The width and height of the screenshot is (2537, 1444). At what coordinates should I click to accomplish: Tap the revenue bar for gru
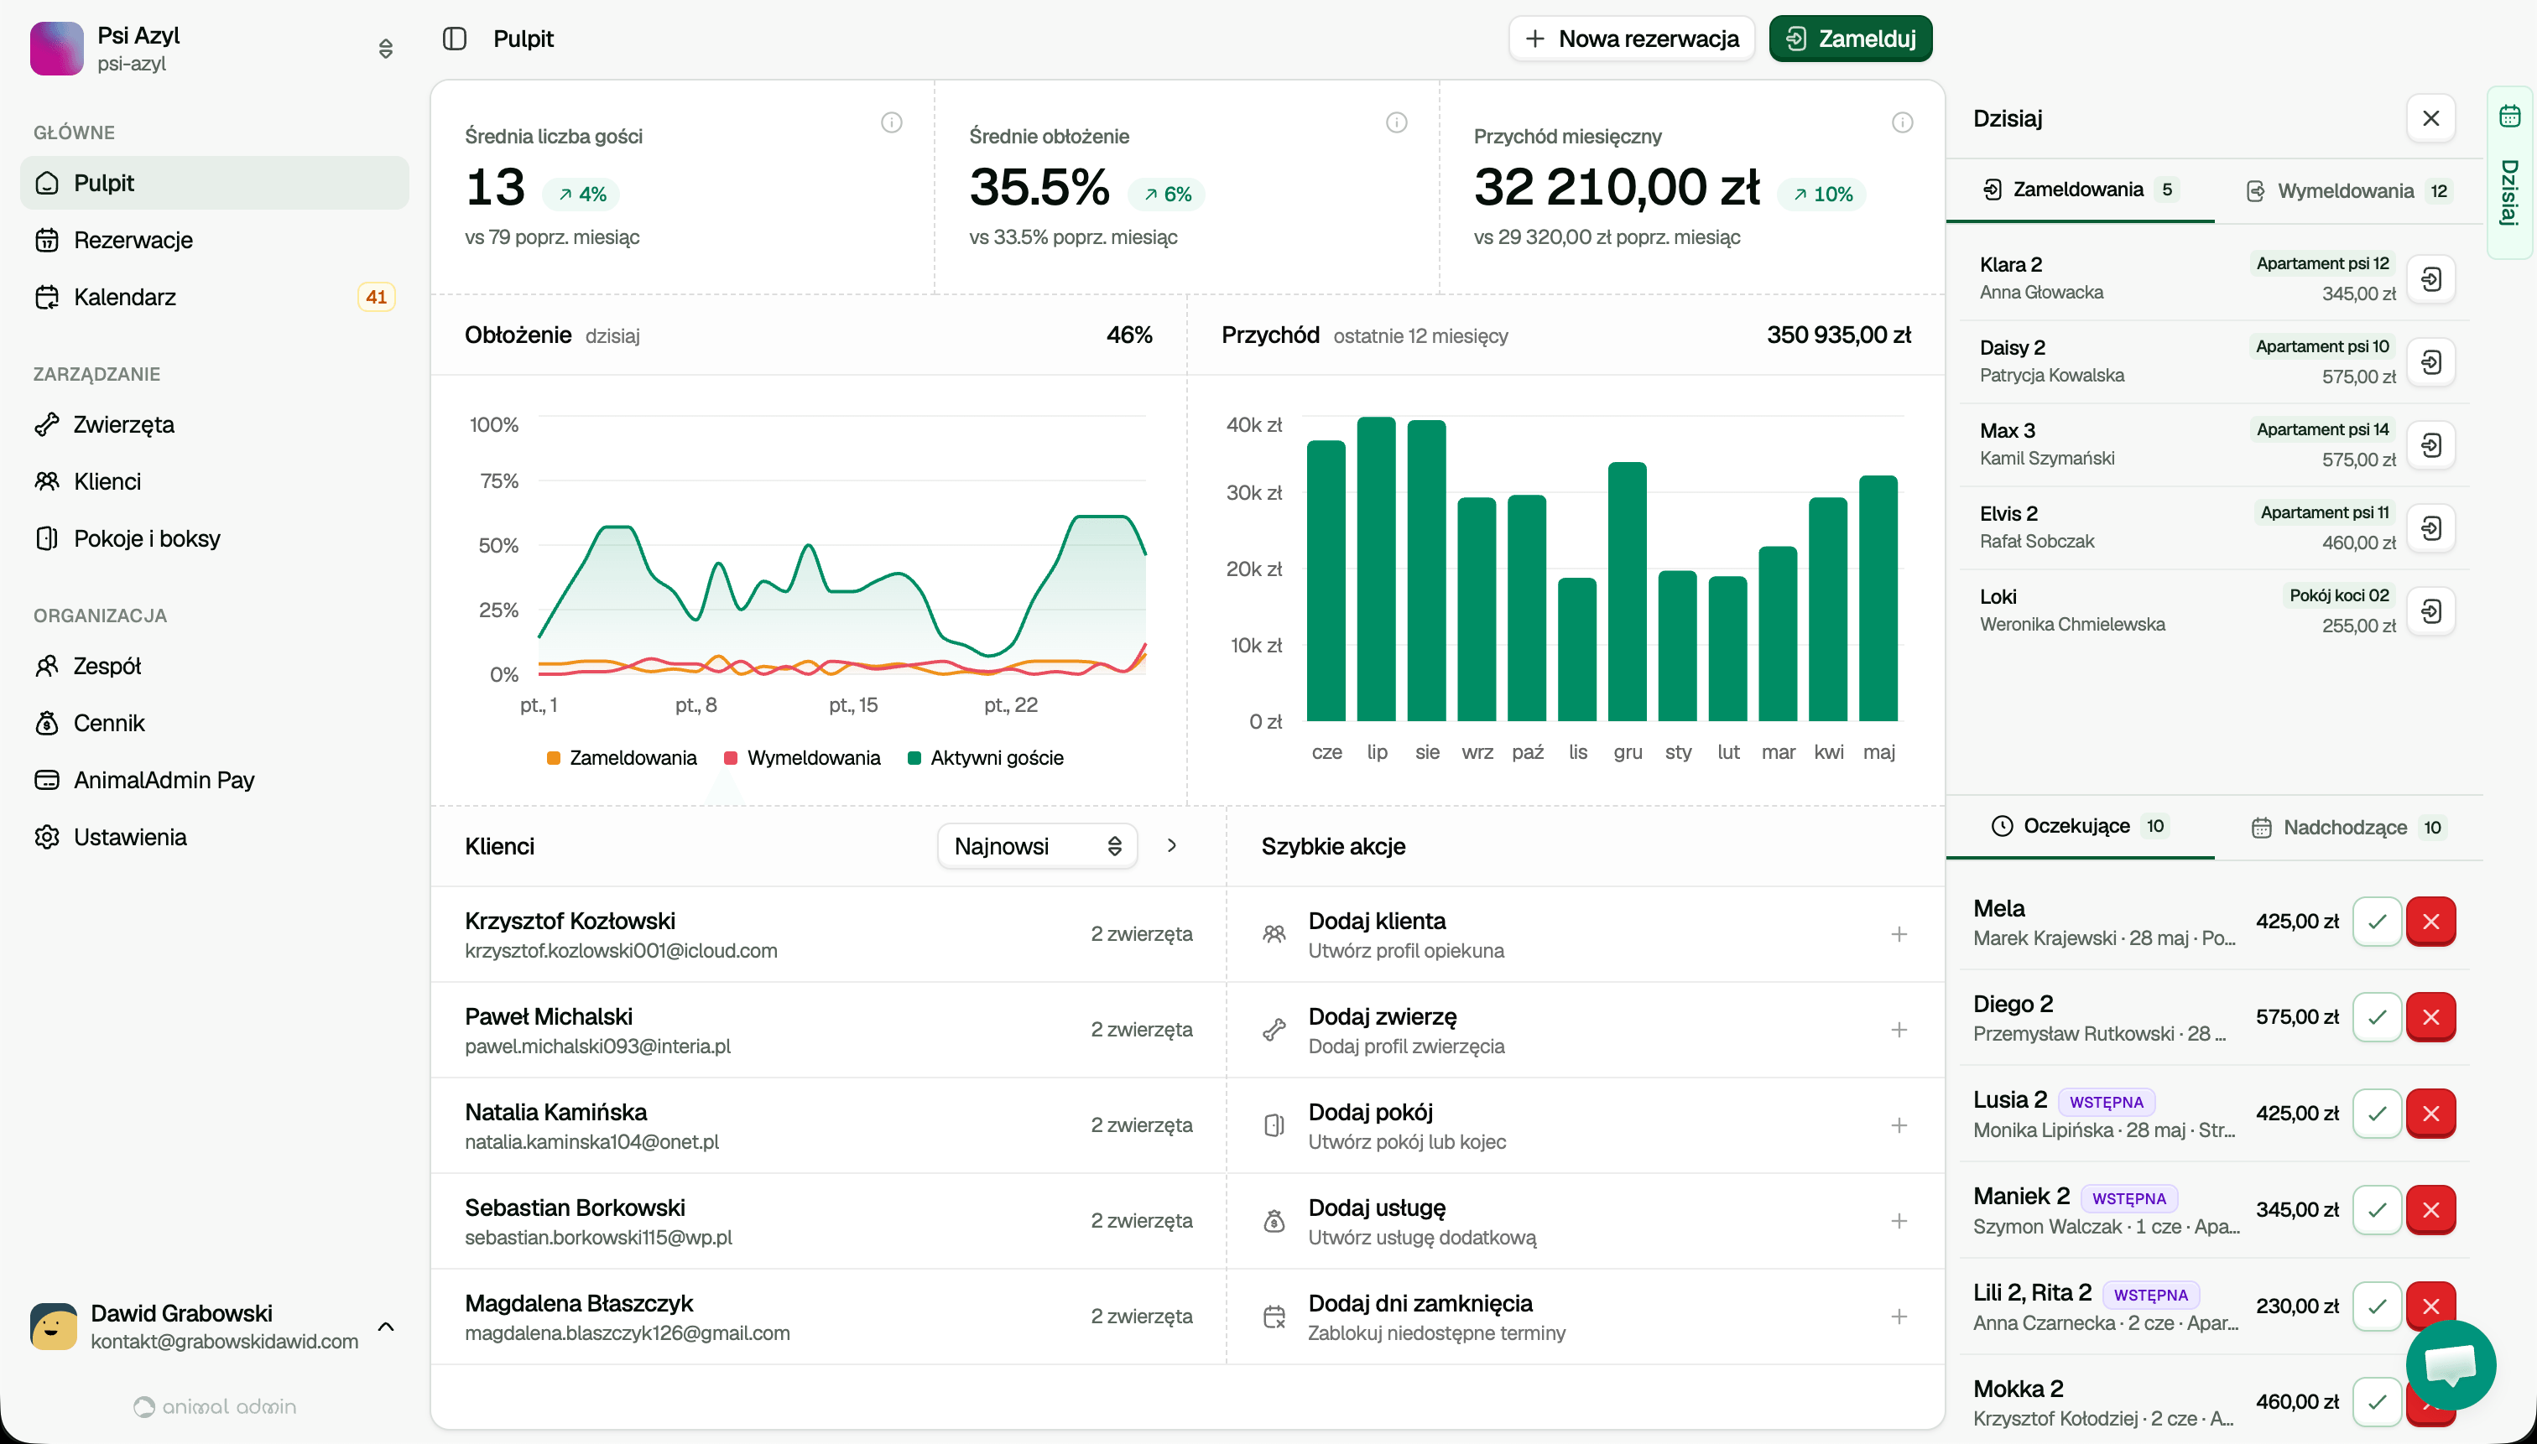pos(1628,591)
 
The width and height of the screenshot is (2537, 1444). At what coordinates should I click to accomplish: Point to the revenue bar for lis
pos(1576,650)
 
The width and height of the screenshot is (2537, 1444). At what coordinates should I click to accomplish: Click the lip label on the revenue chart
pos(1377,751)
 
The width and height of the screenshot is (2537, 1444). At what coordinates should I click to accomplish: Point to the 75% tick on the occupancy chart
pos(498,481)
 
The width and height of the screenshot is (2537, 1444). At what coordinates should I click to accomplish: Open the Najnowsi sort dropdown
pos(1037,846)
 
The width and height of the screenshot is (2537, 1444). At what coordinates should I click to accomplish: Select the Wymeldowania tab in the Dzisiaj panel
pos(2346,190)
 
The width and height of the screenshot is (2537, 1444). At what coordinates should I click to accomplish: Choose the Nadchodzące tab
pos(2346,827)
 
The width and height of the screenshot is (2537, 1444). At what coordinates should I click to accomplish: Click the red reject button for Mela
pos(2430,922)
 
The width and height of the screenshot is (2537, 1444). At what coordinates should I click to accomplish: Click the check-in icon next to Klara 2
pos(2430,278)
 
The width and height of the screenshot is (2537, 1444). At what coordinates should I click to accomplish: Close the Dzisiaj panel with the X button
pos(2430,119)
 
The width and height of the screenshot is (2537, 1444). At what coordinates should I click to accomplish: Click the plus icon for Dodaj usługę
pos(1898,1221)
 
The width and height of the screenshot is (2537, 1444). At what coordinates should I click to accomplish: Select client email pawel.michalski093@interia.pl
pos(597,1047)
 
